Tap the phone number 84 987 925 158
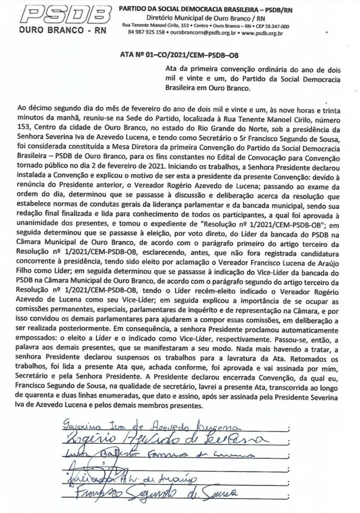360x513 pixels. (x=146, y=32)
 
